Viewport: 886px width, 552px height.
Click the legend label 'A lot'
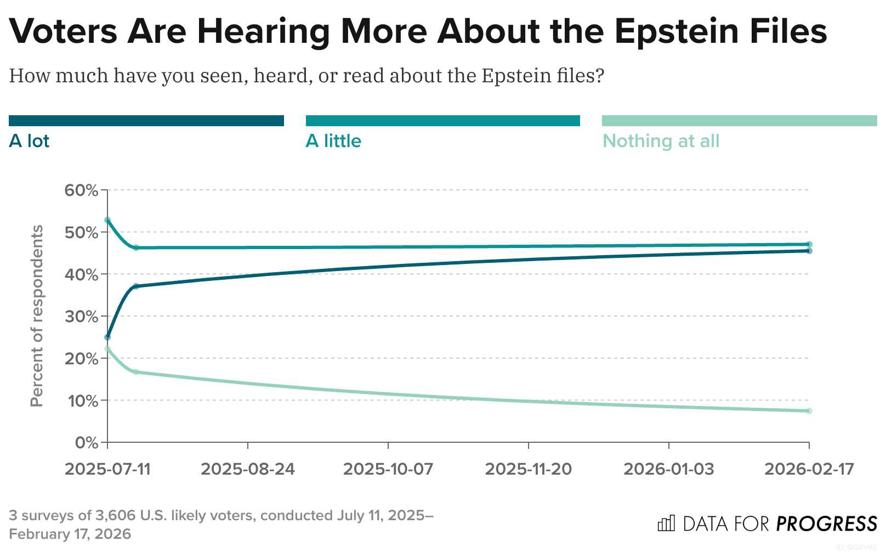29,141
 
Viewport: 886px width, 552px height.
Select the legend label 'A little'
333,141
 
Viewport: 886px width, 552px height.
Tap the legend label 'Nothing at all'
661,141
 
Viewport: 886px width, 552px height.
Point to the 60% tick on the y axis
81,190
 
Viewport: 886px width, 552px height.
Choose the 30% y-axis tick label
81,317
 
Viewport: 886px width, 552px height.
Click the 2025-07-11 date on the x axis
107,469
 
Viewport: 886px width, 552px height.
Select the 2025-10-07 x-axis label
388,469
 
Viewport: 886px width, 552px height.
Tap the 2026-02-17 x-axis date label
809,469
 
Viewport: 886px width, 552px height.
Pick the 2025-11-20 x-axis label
529,469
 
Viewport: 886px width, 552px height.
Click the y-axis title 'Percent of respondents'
37,316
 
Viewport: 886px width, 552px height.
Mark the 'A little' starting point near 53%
107,220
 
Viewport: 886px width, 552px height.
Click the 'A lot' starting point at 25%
107,337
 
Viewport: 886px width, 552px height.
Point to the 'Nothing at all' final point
809,411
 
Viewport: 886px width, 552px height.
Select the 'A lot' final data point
809,251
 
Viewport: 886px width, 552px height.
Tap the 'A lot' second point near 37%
136,286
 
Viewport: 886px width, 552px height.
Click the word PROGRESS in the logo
827,524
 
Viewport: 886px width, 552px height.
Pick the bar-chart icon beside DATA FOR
666,523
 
